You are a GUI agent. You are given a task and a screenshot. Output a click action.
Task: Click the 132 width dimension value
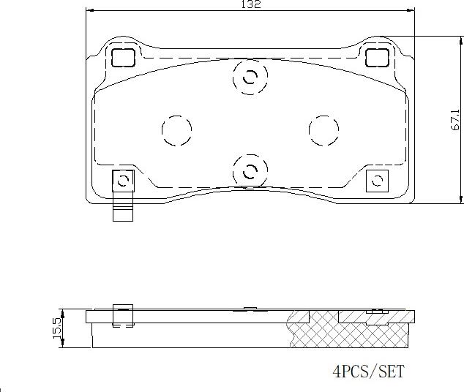tap(251, 4)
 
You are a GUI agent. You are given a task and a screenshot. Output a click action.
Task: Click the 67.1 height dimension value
tap(455, 120)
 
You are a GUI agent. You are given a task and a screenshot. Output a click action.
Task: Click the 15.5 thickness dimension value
tap(57, 328)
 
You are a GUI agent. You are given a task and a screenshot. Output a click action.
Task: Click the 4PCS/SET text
tap(368, 372)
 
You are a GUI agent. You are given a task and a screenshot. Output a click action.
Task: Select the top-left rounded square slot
tap(123, 58)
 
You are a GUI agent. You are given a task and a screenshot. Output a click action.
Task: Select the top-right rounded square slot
tap(377, 58)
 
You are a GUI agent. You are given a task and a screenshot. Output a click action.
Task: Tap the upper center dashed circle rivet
tap(250, 78)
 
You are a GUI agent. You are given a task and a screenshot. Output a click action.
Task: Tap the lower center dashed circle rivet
tap(250, 171)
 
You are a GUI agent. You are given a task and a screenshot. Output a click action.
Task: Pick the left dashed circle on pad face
tap(176, 130)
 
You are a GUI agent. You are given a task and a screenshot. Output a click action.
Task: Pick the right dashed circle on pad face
tap(323, 130)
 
